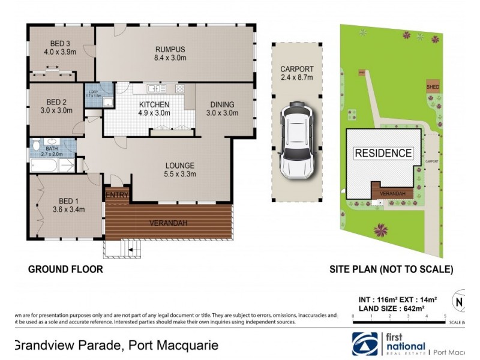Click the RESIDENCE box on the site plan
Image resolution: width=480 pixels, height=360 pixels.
(x=383, y=153)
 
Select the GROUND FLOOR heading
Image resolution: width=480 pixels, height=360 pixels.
(x=65, y=269)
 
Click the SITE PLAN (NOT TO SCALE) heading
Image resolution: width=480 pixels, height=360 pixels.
(x=392, y=269)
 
